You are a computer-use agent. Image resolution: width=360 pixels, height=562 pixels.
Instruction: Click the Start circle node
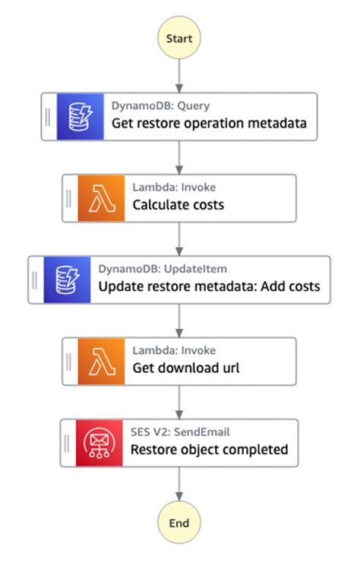[178, 37]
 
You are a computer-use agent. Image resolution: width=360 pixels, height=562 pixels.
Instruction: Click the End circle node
[178, 523]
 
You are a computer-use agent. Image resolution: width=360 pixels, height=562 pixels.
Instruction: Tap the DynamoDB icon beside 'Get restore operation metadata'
[80, 116]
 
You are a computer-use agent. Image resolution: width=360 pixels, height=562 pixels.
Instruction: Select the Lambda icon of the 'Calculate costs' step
[101, 198]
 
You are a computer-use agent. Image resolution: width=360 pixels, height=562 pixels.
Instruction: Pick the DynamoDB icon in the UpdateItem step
[67, 279]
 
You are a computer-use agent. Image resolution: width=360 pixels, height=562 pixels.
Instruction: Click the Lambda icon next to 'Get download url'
[101, 362]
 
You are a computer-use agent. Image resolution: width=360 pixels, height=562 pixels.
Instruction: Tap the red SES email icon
[100, 443]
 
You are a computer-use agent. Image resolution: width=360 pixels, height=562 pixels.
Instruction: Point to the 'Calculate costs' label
[178, 205]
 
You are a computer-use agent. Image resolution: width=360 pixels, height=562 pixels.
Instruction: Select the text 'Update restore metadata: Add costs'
[209, 287]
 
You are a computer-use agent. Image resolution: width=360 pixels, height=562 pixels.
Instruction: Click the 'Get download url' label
[186, 368]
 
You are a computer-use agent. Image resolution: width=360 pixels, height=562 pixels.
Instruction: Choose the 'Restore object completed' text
[209, 450]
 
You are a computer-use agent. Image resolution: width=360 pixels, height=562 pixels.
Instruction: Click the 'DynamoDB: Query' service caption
[160, 106]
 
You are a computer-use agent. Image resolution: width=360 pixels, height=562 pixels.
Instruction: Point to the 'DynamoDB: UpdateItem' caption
[163, 269]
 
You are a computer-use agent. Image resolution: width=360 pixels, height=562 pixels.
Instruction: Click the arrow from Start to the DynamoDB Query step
[178, 76]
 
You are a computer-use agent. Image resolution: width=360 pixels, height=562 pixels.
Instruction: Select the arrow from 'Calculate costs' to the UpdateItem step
[178, 239]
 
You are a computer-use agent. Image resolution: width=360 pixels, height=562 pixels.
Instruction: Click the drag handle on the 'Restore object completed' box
[68, 443]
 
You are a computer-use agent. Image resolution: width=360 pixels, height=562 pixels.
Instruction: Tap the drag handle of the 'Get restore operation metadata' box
[48, 116]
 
